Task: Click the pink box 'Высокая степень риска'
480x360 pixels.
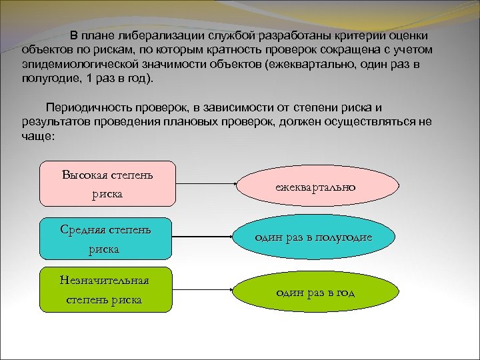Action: point(107,183)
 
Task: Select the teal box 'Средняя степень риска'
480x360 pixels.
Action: point(106,239)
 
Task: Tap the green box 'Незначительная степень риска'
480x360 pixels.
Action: point(106,290)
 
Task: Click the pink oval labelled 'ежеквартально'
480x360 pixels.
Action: point(315,187)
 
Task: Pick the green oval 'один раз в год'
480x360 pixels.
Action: point(315,292)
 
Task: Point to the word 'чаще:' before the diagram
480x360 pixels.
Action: point(37,137)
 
